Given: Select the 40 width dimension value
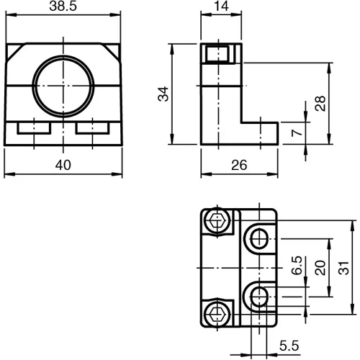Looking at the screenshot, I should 63,165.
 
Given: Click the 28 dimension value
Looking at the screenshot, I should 319,103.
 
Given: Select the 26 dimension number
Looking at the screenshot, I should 239,165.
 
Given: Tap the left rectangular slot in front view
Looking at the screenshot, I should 32,128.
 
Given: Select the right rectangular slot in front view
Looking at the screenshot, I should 91,128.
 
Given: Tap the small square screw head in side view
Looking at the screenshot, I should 216,53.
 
